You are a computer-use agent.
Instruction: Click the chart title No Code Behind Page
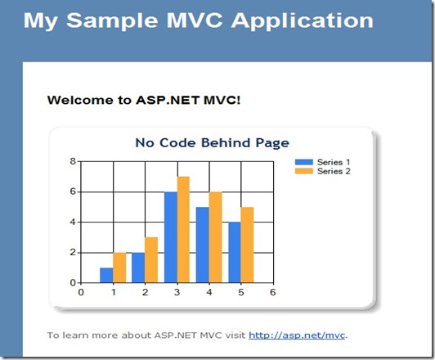click(213, 143)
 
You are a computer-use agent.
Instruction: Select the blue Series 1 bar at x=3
click(171, 237)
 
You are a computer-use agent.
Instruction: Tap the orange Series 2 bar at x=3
click(183, 230)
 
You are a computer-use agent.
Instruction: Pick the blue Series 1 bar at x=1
click(106, 276)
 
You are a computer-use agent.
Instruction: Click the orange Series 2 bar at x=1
click(119, 268)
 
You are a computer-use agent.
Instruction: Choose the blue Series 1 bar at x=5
click(235, 252)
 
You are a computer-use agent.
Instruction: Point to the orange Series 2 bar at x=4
click(216, 237)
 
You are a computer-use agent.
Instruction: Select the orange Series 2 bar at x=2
click(151, 260)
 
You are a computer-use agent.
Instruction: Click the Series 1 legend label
click(334, 162)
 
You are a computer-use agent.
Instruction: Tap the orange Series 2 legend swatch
click(304, 171)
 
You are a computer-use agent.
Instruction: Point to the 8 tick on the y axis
click(73, 161)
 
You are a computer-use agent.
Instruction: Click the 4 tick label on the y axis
click(73, 222)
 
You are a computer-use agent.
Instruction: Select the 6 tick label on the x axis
click(273, 292)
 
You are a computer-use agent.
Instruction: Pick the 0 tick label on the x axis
click(81, 292)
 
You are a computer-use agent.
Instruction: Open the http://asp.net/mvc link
click(297, 335)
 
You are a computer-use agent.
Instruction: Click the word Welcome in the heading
click(80, 100)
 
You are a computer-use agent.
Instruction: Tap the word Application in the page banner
click(303, 21)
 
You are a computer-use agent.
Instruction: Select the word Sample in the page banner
click(112, 21)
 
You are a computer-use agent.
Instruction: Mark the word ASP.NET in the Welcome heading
click(168, 100)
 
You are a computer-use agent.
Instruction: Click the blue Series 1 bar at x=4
click(203, 245)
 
